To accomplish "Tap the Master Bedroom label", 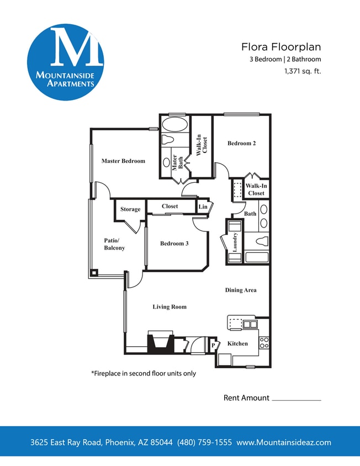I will pos(123,161).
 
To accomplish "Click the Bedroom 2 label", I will pos(241,144).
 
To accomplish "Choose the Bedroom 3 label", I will pos(174,243).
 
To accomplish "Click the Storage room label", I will pos(130,209).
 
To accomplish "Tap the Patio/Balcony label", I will pos(114,244).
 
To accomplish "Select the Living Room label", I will pos(170,307).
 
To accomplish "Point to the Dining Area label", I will pos(241,290).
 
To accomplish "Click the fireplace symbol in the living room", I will pos(160,342).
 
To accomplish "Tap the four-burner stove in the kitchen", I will pos(264,342).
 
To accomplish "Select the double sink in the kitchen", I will pos(250,324).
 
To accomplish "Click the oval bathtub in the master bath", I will pos(175,123).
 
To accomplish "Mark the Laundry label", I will pos(235,242).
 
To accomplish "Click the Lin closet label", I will pos(203,206).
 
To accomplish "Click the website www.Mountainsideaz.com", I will pos(284,442).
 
